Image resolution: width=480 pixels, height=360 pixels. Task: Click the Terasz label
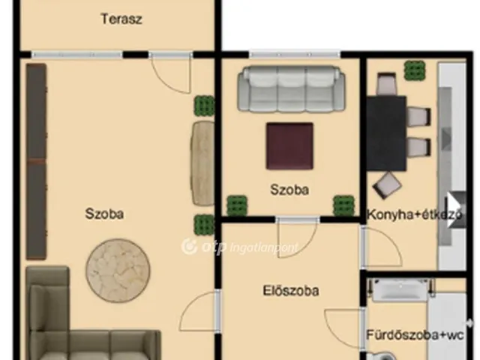(x=121, y=19)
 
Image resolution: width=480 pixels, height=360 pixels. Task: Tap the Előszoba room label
(x=291, y=290)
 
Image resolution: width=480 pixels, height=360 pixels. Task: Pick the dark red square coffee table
(x=289, y=146)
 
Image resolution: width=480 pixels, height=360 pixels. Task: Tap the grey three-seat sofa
(x=289, y=89)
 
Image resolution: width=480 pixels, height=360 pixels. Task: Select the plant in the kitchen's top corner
(x=413, y=70)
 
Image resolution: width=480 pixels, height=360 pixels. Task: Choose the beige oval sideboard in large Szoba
(x=202, y=163)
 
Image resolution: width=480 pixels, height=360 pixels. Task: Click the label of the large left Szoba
(x=105, y=214)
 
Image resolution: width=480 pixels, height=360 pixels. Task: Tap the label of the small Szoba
(x=289, y=190)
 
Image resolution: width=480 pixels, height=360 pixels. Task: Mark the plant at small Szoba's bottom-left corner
(x=237, y=205)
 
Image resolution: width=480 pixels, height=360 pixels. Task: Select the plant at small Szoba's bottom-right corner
(x=343, y=205)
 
